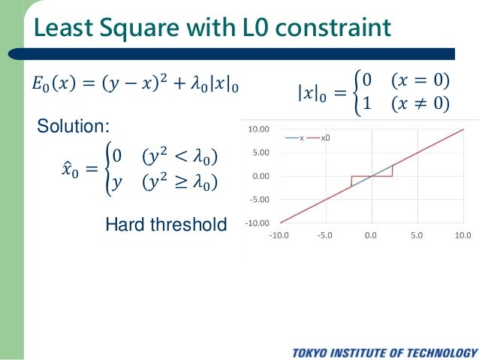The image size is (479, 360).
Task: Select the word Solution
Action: click(x=74, y=127)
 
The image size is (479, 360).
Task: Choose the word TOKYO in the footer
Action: click(x=314, y=352)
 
